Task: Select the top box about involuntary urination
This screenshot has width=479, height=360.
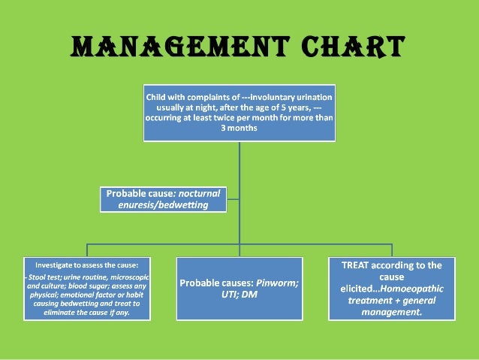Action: click(239, 113)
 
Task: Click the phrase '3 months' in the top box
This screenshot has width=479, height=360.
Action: click(239, 129)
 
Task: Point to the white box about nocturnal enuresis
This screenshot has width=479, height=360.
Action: click(164, 199)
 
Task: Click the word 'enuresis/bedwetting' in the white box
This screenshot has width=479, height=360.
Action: click(158, 204)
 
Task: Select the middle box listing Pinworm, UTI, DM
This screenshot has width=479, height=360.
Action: click(239, 289)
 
